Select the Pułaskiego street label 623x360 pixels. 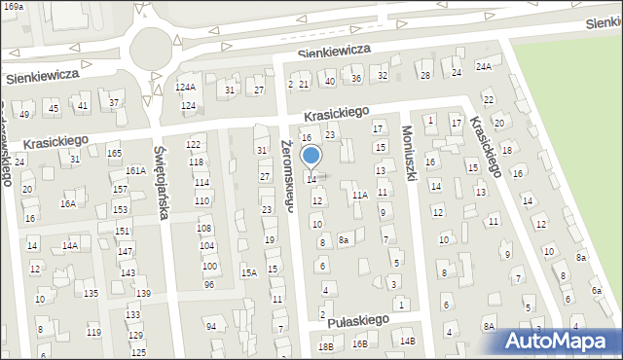(x=358, y=319)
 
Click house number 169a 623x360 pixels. (x=12, y=6)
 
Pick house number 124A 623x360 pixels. (x=185, y=88)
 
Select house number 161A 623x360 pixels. (x=135, y=170)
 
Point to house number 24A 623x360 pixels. (x=484, y=66)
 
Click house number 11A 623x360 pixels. (x=360, y=196)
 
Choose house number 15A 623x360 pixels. (x=249, y=272)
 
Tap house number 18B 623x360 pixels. (x=326, y=346)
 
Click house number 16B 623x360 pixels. (x=360, y=343)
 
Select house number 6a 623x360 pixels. (x=596, y=291)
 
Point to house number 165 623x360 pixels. (x=114, y=153)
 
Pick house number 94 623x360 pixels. (x=210, y=326)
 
